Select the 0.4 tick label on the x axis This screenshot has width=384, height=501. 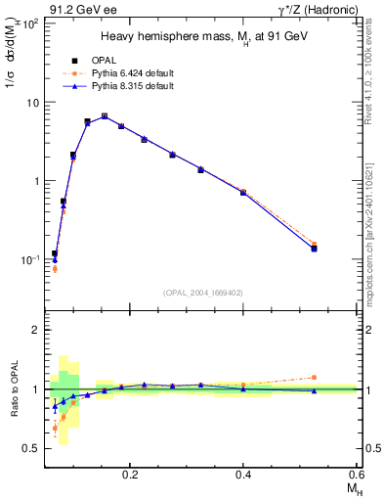[x=243, y=473]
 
